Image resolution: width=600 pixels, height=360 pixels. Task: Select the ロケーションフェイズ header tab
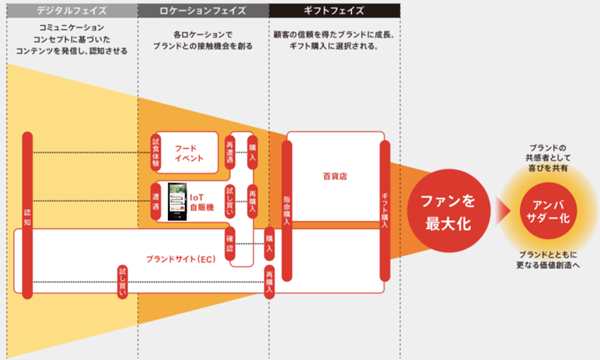tap(203, 10)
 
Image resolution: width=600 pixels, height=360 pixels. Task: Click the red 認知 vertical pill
tap(28, 212)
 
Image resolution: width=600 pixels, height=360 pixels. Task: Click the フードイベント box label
tap(188, 153)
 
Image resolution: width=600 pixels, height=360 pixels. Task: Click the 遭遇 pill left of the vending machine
tap(156, 200)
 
